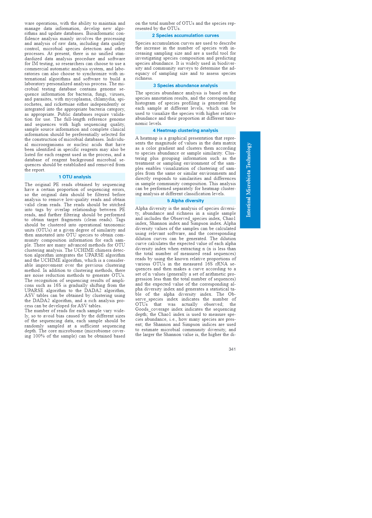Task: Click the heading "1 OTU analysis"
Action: [x=75, y=177]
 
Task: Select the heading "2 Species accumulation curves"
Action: [x=185, y=35]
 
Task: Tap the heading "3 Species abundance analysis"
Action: [x=185, y=86]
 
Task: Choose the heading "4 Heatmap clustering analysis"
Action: [x=185, y=130]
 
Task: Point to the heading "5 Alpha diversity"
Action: [x=185, y=201]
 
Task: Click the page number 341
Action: [x=232, y=349]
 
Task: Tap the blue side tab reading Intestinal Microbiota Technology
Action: [x=250, y=180]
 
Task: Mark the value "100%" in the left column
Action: [x=46, y=336]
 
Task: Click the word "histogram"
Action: [x=145, y=103]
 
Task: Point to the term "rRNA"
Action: [x=221, y=264]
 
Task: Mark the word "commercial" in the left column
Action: [x=37, y=69]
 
